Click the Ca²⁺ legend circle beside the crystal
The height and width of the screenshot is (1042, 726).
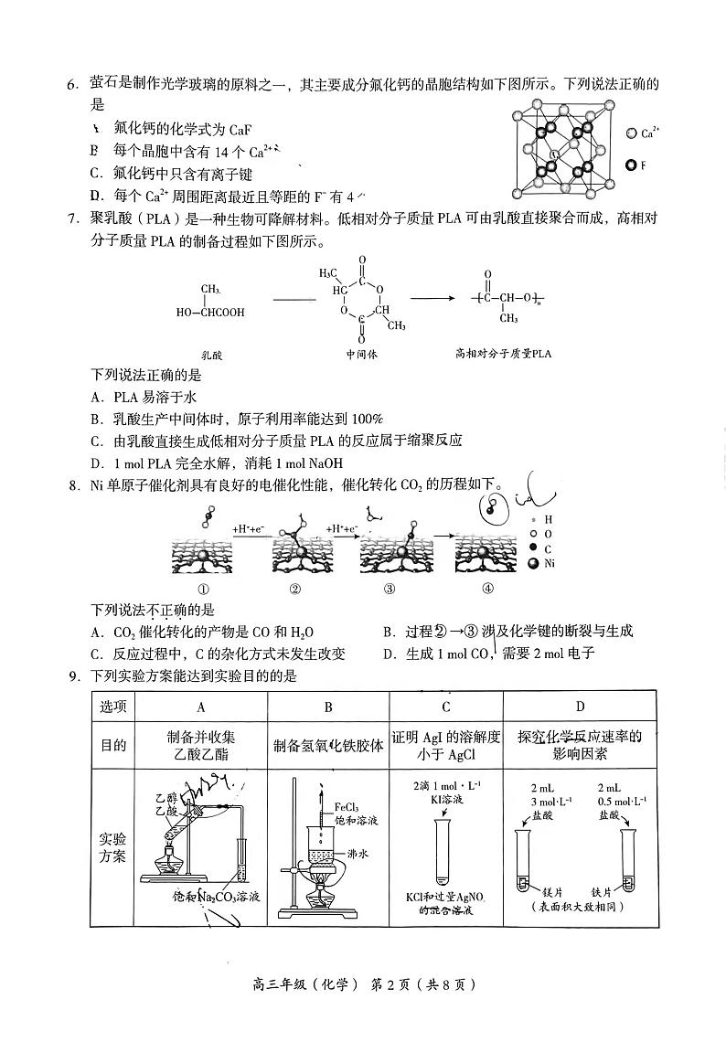point(631,133)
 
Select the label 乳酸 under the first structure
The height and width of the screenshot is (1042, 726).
point(211,355)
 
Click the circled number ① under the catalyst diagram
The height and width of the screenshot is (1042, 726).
point(203,589)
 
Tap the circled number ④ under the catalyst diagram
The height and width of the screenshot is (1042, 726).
point(487,589)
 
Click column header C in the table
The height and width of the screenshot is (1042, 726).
point(445,707)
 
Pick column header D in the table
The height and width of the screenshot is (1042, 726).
point(580,707)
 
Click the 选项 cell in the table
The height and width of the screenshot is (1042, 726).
point(113,707)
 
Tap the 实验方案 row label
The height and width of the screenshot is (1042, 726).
point(113,847)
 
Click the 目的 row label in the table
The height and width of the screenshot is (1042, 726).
point(113,745)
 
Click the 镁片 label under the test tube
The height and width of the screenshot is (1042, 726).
point(552,889)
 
